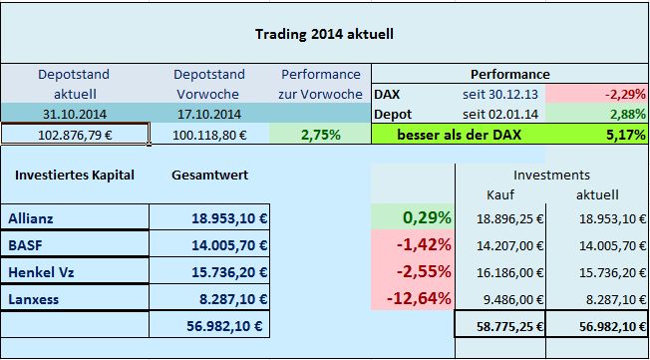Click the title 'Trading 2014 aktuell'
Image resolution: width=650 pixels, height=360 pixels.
324,33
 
